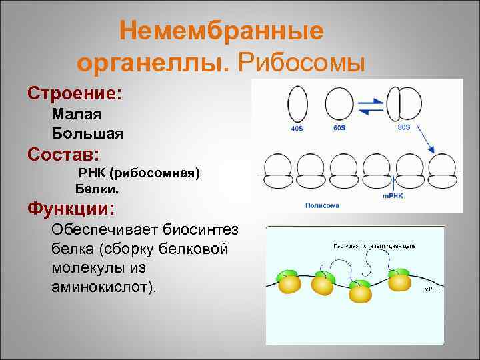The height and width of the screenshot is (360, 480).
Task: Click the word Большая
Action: (x=87, y=133)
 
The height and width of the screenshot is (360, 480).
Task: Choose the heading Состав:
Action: (x=64, y=155)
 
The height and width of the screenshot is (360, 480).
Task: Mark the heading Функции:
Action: (x=71, y=209)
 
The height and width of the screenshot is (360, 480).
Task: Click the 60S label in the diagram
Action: (x=341, y=127)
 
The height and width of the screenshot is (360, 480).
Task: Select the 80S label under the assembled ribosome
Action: (x=403, y=126)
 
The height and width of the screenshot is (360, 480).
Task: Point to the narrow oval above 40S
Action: (x=297, y=103)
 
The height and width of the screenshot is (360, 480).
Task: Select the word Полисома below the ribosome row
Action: (x=322, y=205)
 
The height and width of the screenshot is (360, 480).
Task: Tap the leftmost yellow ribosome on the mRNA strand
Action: (x=291, y=283)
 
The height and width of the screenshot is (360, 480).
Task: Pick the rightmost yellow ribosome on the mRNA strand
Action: (x=400, y=280)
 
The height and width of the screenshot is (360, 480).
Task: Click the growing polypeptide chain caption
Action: (x=374, y=246)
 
